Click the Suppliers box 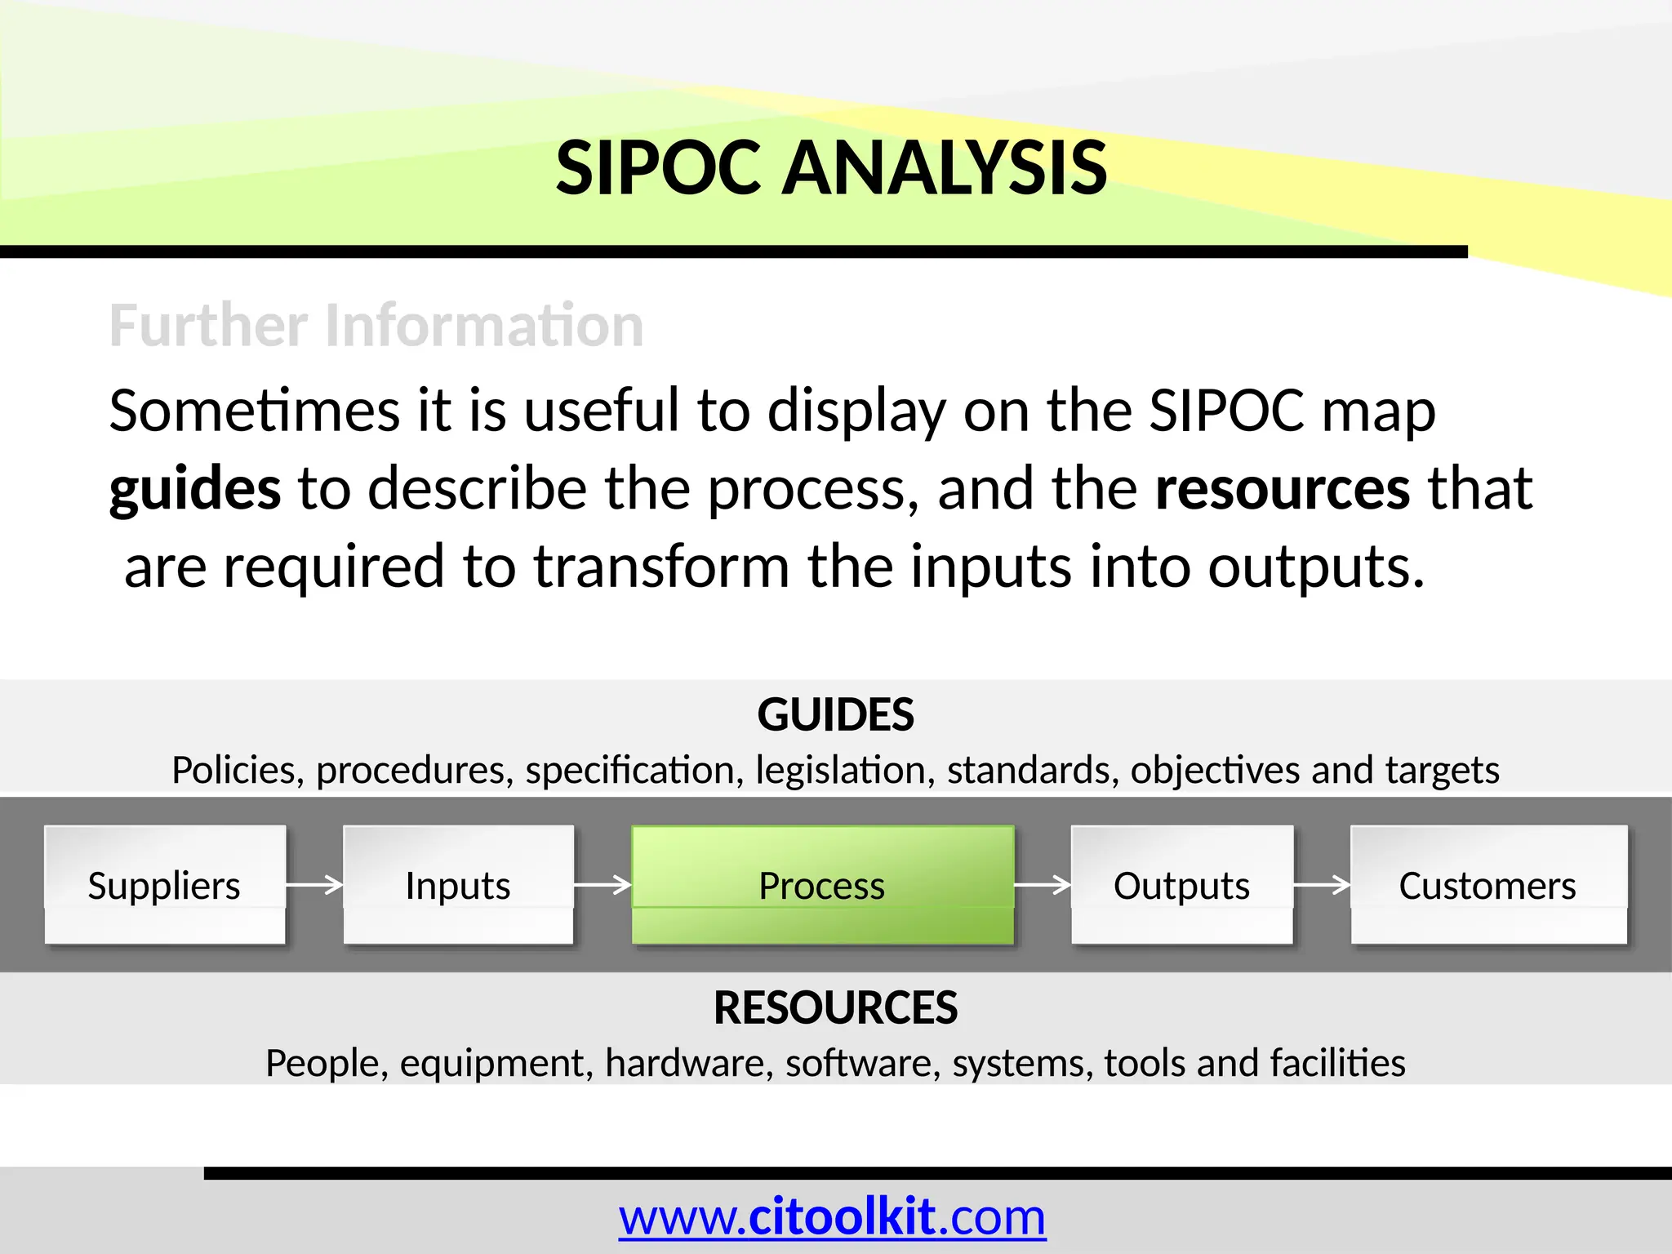pos(165,885)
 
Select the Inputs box pos(458,885)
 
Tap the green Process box pos(822,885)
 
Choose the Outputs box pos(1181,885)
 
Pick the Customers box pos(1487,885)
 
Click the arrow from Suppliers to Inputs pos(314,884)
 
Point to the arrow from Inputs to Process pos(603,884)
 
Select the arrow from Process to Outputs pos(1043,884)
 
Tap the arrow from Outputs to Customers pos(1322,884)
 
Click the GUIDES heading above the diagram pos(835,714)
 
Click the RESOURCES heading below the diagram pos(835,1007)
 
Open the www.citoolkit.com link pos(832,1217)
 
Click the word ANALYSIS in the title pos(944,168)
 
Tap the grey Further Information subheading pos(376,325)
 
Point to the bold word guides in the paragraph pos(195,489)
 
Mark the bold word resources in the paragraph pos(1283,489)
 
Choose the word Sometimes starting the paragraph pos(254,410)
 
